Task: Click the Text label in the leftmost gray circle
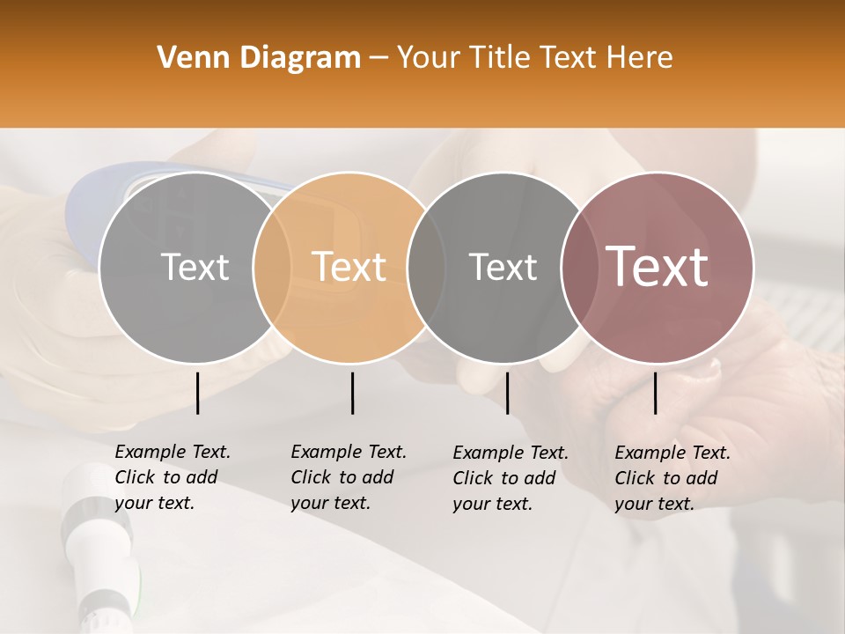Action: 195,267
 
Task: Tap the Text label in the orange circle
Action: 349,267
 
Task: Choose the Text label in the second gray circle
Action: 503,267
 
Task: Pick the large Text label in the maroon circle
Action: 657,267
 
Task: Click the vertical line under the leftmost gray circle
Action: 197,393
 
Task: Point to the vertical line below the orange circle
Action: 352,393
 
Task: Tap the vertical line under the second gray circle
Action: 507,393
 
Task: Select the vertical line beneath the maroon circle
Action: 655,393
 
